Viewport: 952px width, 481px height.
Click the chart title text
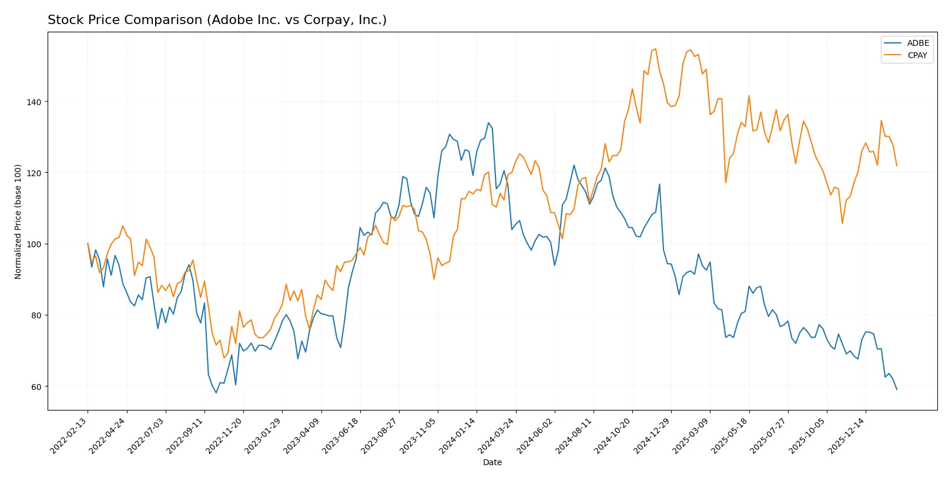click(217, 20)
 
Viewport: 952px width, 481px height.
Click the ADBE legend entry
click(917, 43)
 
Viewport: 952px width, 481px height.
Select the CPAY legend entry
click(917, 55)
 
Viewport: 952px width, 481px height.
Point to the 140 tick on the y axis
click(34, 102)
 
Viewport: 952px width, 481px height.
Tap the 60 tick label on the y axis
click(36, 386)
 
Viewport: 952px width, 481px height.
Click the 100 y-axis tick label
click(34, 244)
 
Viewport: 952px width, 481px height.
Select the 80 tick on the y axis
click(36, 315)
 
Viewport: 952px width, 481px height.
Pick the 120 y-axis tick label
click(34, 173)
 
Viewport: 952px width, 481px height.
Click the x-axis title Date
click(492, 462)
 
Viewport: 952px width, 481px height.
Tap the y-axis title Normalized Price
click(18, 221)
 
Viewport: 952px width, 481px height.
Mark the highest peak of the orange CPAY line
click(655, 49)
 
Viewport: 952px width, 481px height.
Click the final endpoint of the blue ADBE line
click(896, 389)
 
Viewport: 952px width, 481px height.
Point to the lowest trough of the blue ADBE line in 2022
click(216, 393)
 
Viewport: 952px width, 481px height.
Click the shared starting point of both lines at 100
click(88, 244)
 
